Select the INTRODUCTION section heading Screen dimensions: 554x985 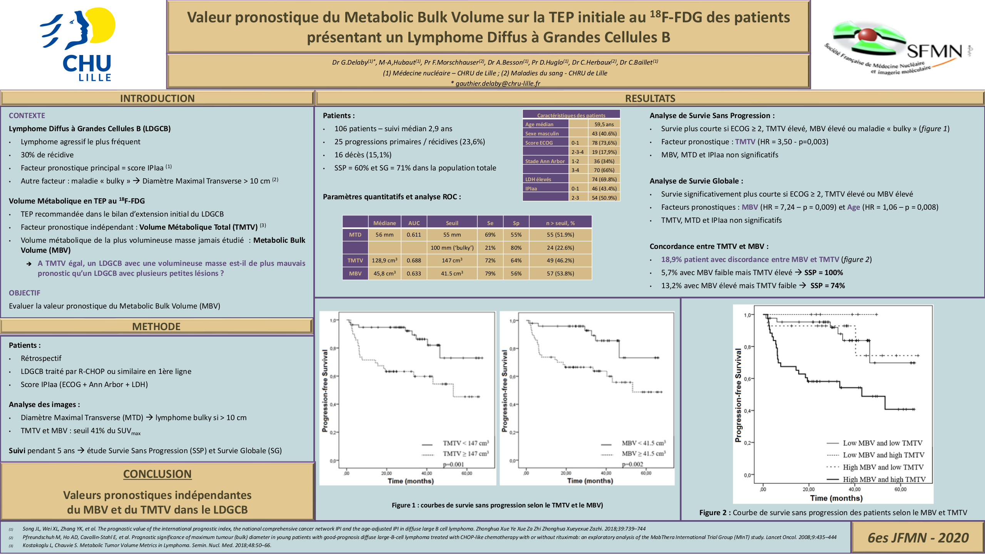tap(157, 98)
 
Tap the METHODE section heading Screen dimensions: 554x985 tap(156, 327)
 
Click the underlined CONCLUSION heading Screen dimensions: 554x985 tap(157, 474)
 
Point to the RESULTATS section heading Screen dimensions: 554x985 tap(650, 98)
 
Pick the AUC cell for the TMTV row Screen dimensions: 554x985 tap(414, 260)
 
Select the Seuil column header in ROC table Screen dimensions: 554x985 tap(452, 223)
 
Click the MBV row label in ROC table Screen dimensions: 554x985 tap(355, 274)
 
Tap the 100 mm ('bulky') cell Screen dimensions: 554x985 tap(452, 248)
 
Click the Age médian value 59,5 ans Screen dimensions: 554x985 tap(604, 124)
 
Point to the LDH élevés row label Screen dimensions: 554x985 tap(538, 179)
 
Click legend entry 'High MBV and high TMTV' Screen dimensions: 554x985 tap(884, 479)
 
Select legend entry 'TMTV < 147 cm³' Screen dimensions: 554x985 tap(465, 443)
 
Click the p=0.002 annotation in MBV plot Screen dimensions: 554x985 tap(632, 464)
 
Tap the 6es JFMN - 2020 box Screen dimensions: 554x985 tap(918, 537)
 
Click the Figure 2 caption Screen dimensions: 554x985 tap(833, 512)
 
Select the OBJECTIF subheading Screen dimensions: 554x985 tap(25, 293)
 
